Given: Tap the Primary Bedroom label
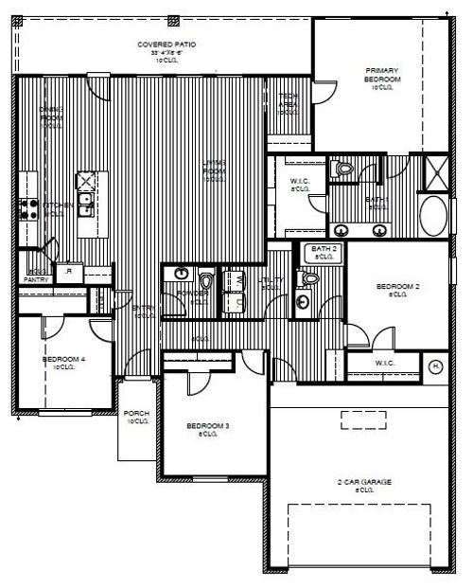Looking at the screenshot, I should pyautogui.click(x=382, y=75).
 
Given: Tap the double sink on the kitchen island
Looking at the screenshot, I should pyautogui.click(x=85, y=199).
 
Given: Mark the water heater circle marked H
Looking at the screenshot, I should pyautogui.click(x=436, y=366).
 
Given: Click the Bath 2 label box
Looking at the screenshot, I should pyautogui.click(x=324, y=251).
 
